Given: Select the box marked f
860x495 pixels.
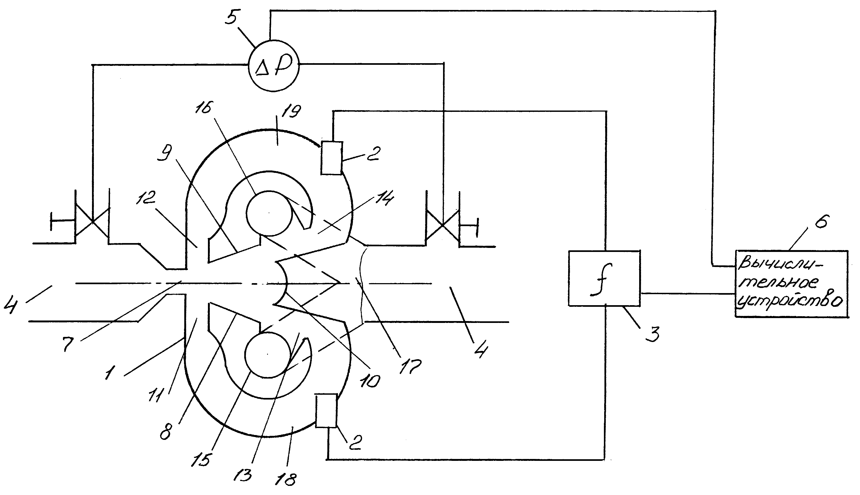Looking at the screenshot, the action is [604, 279].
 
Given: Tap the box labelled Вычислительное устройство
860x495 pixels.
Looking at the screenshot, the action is [791, 284].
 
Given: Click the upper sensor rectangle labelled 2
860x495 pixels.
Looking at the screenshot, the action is [332, 158].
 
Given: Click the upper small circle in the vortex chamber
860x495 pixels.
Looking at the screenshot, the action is [269, 212].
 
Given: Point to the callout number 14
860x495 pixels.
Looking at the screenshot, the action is [384, 198].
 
